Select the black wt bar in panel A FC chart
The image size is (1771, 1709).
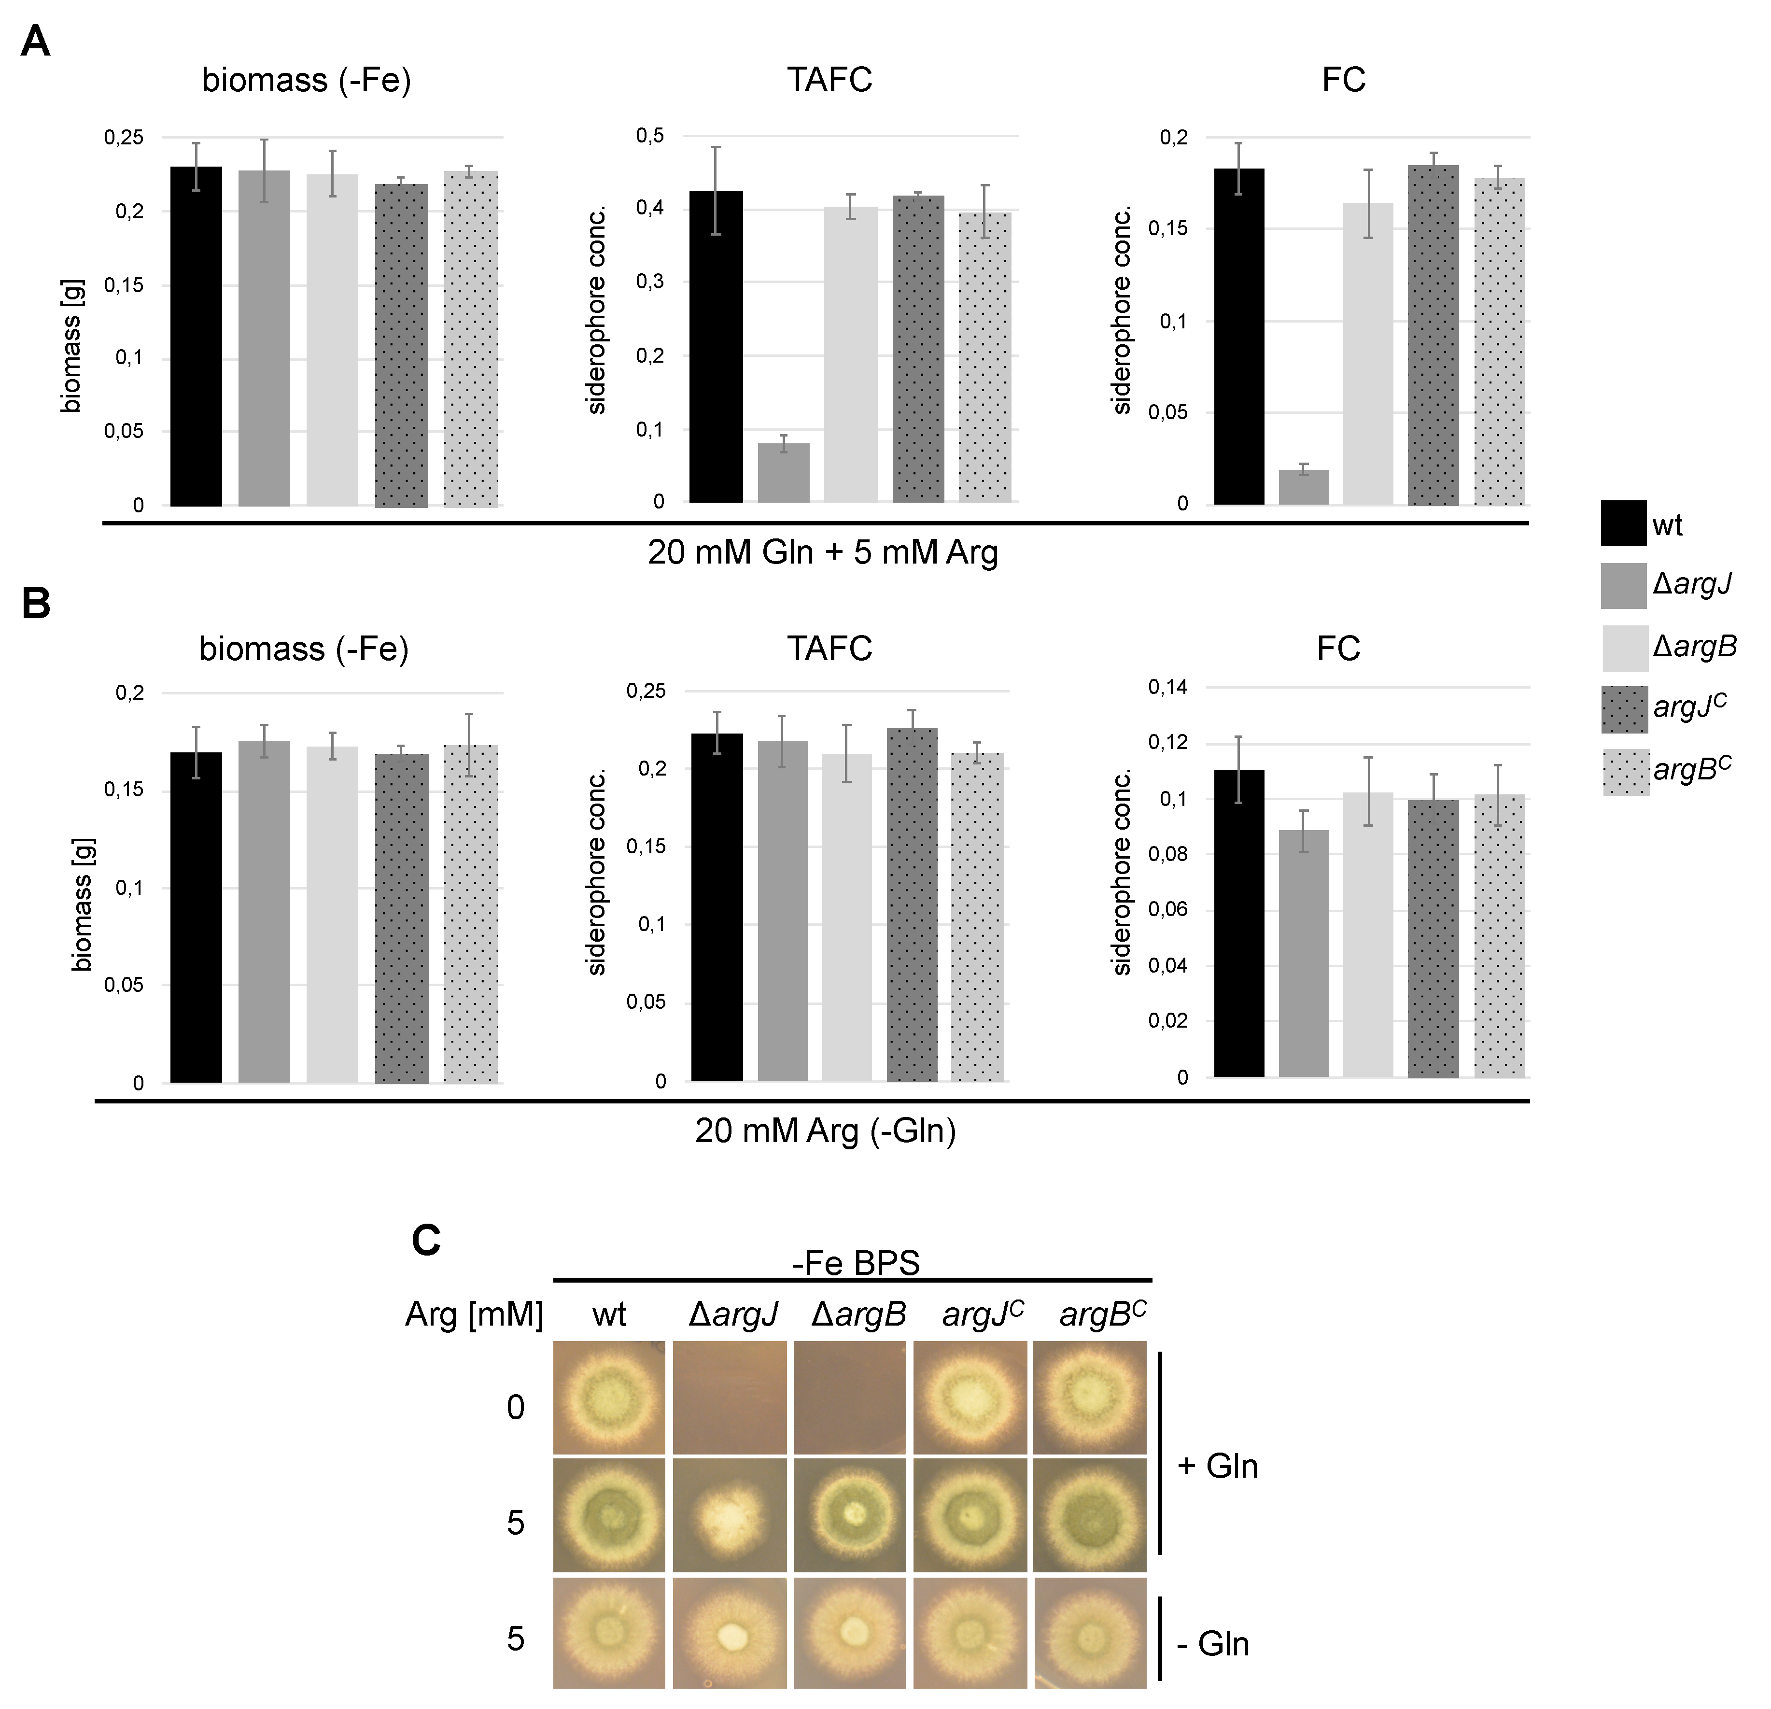pos(1239,336)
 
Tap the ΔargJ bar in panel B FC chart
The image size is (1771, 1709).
pos(1303,953)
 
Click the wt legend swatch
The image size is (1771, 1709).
pos(1623,523)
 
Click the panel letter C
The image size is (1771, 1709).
pos(425,1241)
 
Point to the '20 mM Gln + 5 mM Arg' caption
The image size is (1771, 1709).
pos(822,552)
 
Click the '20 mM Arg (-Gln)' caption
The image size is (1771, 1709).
pos(825,1130)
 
